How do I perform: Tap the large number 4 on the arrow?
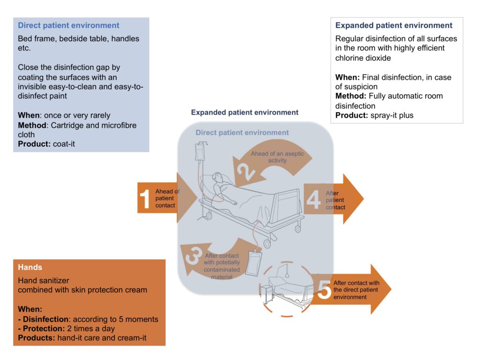pyautogui.click(x=313, y=199)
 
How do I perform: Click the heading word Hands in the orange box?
pyautogui.click(x=30, y=267)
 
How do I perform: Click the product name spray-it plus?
pyautogui.click(x=391, y=115)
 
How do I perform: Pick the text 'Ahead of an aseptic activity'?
pyautogui.click(x=277, y=157)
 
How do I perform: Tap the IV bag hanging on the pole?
pyautogui.click(x=199, y=153)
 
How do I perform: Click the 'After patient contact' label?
pyautogui.click(x=336, y=200)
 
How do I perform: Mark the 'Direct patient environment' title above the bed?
pyautogui.click(x=242, y=133)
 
